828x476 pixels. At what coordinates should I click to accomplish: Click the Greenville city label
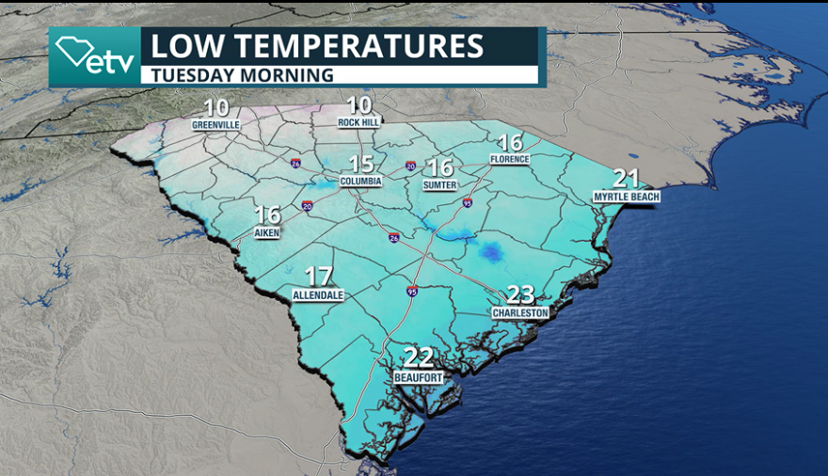(x=215, y=124)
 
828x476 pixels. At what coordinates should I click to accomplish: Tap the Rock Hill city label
(x=359, y=122)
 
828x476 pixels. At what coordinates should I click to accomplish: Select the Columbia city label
(x=361, y=180)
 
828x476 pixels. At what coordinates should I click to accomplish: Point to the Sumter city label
(x=439, y=185)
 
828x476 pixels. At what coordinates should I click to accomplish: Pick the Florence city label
(x=509, y=160)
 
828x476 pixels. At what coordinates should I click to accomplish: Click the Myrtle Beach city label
(x=626, y=197)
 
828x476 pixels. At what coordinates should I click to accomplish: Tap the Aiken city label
(x=267, y=232)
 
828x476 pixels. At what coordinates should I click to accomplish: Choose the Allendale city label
(x=318, y=294)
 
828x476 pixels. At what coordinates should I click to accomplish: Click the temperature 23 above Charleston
(x=520, y=294)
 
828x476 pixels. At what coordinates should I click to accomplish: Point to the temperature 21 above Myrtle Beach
(x=627, y=178)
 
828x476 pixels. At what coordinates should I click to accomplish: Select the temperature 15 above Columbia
(x=362, y=162)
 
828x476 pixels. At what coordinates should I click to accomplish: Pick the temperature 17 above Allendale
(x=319, y=276)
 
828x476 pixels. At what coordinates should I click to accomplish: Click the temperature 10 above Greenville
(x=215, y=106)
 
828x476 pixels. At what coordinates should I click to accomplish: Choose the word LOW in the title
(x=180, y=46)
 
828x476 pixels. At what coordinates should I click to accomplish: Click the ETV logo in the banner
(x=94, y=56)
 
